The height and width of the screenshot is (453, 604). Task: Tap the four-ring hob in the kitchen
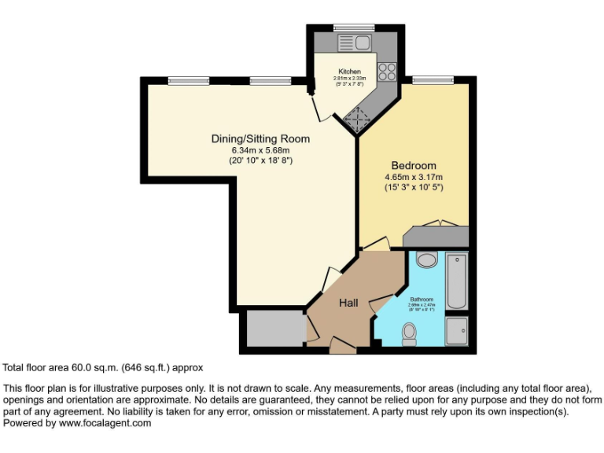pyautogui.click(x=386, y=72)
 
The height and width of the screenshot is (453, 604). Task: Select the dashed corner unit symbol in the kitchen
pyautogui.click(x=358, y=119)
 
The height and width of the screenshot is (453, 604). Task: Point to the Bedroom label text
pyautogui.click(x=414, y=166)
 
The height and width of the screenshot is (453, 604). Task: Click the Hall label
pyautogui.click(x=349, y=303)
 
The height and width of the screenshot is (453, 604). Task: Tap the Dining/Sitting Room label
pyautogui.click(x=260, y=139)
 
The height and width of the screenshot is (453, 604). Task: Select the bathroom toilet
pyautogui.click(x=409, y=335)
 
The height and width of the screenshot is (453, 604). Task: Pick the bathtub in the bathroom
pyautogui.click(x=456, y=281)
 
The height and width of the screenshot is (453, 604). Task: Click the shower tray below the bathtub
pyautogui.click(x=456, y=330)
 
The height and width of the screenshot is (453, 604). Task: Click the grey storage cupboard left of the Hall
pyautogui.click(x=274, y=328)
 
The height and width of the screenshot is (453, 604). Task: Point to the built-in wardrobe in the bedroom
pyautogui.click(x=435, y=235)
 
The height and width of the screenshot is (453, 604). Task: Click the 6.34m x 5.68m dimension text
pyautogui.click(x=260, y=150)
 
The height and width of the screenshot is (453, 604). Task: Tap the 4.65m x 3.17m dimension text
pyautogui.click(x=414, y=177)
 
